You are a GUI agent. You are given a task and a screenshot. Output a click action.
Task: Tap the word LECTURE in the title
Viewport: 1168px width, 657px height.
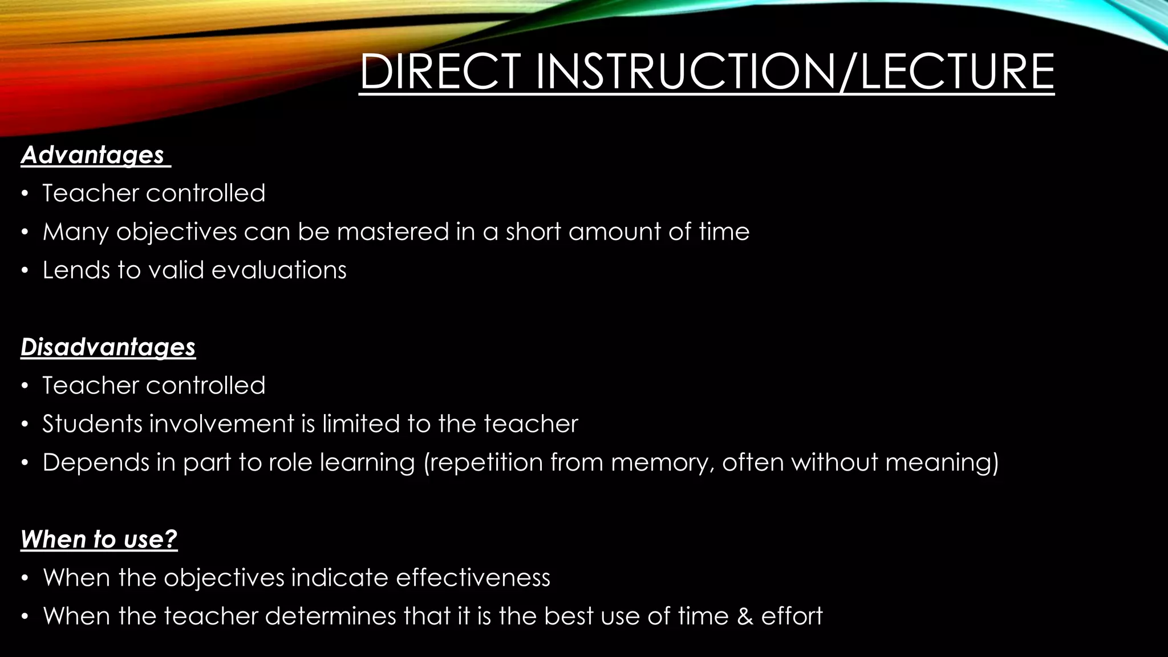tap(957, 72)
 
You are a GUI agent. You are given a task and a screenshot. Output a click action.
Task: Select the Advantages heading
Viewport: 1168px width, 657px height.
tap(93, 155)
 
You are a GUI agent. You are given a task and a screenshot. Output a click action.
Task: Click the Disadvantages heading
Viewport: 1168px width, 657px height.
tap(108, 347)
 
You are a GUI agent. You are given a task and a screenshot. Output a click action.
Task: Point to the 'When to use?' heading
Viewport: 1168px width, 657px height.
tap(99, 540)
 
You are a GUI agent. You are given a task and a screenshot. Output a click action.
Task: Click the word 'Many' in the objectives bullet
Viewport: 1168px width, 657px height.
tap(75, 232)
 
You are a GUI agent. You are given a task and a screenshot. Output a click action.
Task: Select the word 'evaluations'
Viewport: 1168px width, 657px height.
tap(279, 270)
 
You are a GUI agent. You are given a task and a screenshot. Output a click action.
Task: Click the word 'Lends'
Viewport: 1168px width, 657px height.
tap(76, 270)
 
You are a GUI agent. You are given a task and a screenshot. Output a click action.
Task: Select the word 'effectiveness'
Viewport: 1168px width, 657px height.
tap(473, 578)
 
